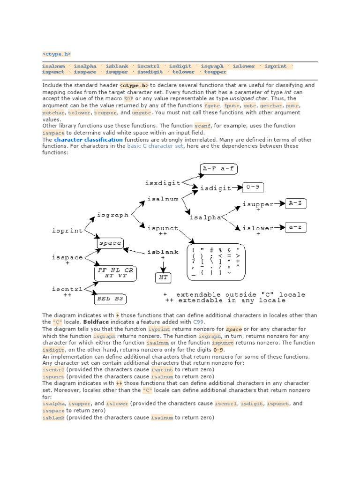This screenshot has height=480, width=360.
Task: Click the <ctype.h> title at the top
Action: click(x=56, y=54)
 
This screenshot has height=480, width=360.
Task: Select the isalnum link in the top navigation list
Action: click(x=53, y=66)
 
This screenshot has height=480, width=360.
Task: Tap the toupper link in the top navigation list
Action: click(x=215, y=72)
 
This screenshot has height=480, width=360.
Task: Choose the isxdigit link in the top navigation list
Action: click(x=150, y=72)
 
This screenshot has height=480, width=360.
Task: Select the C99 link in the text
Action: click(x=199, y=322)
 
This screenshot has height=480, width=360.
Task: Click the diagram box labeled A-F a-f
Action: click(x=218, y=168)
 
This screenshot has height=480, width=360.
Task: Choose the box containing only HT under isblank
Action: click(x=162, y=277)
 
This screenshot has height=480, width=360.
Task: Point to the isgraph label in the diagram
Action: click(x=112, y=215)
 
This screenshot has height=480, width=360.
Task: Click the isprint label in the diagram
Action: click(x=67, y=231)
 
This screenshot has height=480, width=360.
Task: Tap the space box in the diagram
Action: click(x=110, y=243)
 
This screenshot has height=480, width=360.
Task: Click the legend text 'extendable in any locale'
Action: click(x=232, y=300)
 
